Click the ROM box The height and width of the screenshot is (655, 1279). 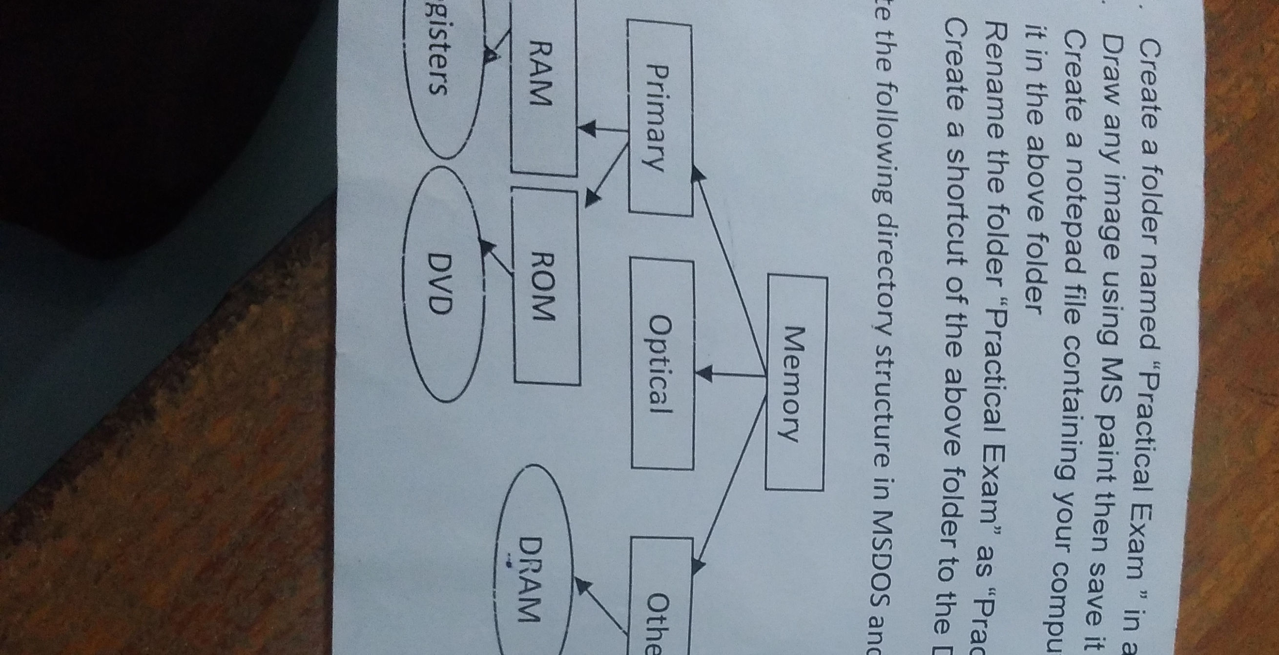[546, 288]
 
